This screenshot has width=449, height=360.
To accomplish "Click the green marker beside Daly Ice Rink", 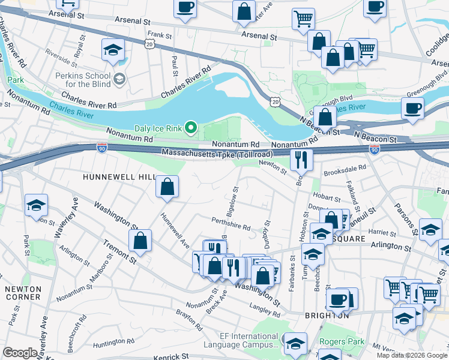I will pos(191,127).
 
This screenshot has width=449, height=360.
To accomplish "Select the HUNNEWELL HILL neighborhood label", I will pos(119,177).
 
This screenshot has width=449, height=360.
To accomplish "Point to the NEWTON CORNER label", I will pos(22,293).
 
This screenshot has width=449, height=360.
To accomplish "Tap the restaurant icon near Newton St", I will pos(301,160).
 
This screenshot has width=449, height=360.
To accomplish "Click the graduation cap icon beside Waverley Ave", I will pos(37,205).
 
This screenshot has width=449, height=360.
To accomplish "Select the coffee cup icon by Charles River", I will pos(412,109).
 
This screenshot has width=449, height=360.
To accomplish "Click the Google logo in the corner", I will pos(20,353).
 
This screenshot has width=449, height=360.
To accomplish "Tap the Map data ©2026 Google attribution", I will pos(411,355).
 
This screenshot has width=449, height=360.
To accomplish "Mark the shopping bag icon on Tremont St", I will pos(140,242).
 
